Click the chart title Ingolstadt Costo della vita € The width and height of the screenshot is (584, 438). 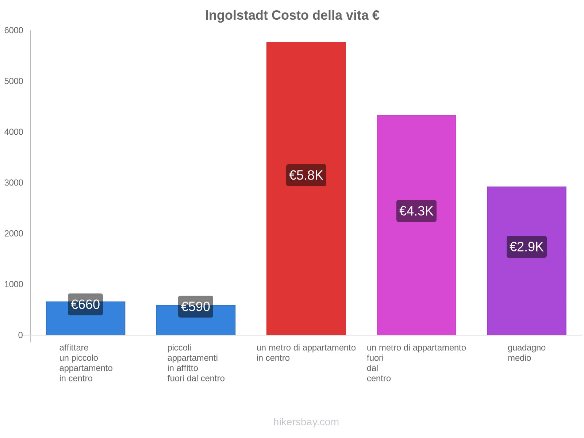click(x=292, y=15)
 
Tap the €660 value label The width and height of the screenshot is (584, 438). click(x=85, y=304)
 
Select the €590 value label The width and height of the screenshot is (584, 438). click(x=196, y=307)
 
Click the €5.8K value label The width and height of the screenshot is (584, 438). click(x=306, y=175)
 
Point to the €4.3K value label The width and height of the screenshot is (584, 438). click(x=416, y=211)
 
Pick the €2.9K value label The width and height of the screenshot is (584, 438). click(x=526, y=247)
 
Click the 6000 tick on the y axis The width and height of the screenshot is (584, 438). click(x=14, y=31)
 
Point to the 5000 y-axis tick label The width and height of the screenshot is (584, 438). click(x=14, y=81)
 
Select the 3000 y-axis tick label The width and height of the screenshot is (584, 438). click(x=14, y=183)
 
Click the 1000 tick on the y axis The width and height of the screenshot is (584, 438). click(x=14, y=284)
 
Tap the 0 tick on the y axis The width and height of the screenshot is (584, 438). click(x=20, y=335)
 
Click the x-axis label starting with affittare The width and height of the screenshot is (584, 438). click(x=86, y=363)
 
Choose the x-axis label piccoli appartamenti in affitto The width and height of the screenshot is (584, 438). click(x=196, y=363)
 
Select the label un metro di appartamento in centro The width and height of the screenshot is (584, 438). click(x=306, y=353)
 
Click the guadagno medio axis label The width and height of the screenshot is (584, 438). click(x=526, y=353)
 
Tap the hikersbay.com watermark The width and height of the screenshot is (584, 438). click(x=306, y=422)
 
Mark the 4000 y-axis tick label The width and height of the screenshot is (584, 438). click(x=14, y=132)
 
